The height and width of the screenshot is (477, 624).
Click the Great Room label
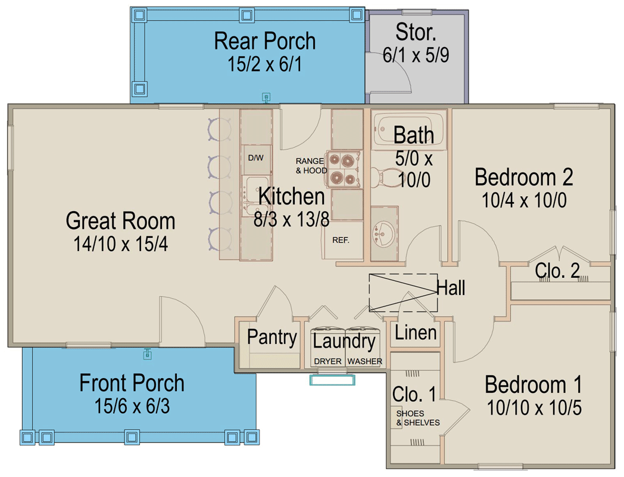(x=120, y=221)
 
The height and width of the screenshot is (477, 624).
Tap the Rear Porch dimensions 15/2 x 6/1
(x=264, y=64)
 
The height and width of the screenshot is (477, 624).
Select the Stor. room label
(x=415, y=32)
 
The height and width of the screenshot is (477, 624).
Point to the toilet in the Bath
(x=386, y=175)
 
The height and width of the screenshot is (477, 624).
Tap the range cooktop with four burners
(x=342, y=169)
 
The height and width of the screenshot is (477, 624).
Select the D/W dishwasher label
(x=255, y=158)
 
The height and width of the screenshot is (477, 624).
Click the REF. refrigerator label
(x=341, y=240)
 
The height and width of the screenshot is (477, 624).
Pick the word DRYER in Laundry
(x=327, y=361)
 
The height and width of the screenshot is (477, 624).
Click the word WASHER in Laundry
(x=364, y=361)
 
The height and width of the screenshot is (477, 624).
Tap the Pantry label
(x=272, y=337)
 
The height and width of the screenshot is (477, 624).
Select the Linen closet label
(x=416, y=332)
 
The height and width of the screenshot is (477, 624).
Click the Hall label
(x=451, y=288)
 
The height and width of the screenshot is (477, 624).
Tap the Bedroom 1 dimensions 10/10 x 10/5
(x=533, y=408)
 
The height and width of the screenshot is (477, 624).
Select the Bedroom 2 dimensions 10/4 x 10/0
(x=523, y=200)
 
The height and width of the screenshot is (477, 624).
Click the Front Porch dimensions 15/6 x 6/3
(x=132, y=407)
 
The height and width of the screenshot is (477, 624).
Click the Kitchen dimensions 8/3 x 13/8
(x=291, y=219)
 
